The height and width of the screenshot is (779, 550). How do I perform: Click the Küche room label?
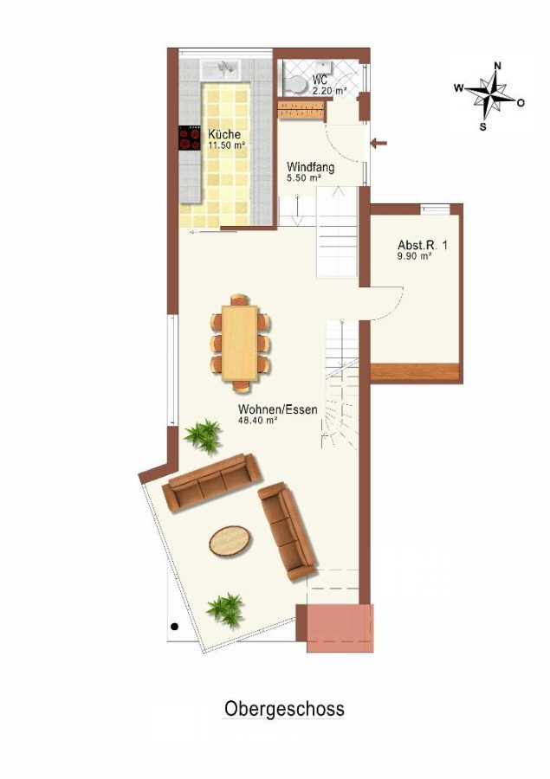224,135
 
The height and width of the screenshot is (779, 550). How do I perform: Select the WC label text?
320,80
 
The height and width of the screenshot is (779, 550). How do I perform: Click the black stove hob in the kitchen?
190,138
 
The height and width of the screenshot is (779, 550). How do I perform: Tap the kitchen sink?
220,67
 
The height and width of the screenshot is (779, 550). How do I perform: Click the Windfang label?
311,167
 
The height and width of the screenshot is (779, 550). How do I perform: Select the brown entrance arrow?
379,144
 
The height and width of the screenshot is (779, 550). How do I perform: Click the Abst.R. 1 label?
423,245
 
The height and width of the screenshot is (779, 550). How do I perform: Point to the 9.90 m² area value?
414,256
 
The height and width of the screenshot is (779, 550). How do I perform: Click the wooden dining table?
240,344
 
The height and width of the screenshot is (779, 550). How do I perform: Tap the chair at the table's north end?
240,299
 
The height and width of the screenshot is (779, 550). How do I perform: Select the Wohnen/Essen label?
277,409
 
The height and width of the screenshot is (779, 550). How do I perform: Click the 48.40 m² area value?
257,421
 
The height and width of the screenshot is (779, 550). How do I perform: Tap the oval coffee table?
230,542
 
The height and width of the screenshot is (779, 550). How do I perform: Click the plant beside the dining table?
204,435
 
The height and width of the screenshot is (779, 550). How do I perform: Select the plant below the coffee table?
225,609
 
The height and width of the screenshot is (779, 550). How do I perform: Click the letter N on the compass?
497,66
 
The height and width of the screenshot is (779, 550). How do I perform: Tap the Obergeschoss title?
284,708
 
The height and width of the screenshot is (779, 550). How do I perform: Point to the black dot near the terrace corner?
175,627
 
